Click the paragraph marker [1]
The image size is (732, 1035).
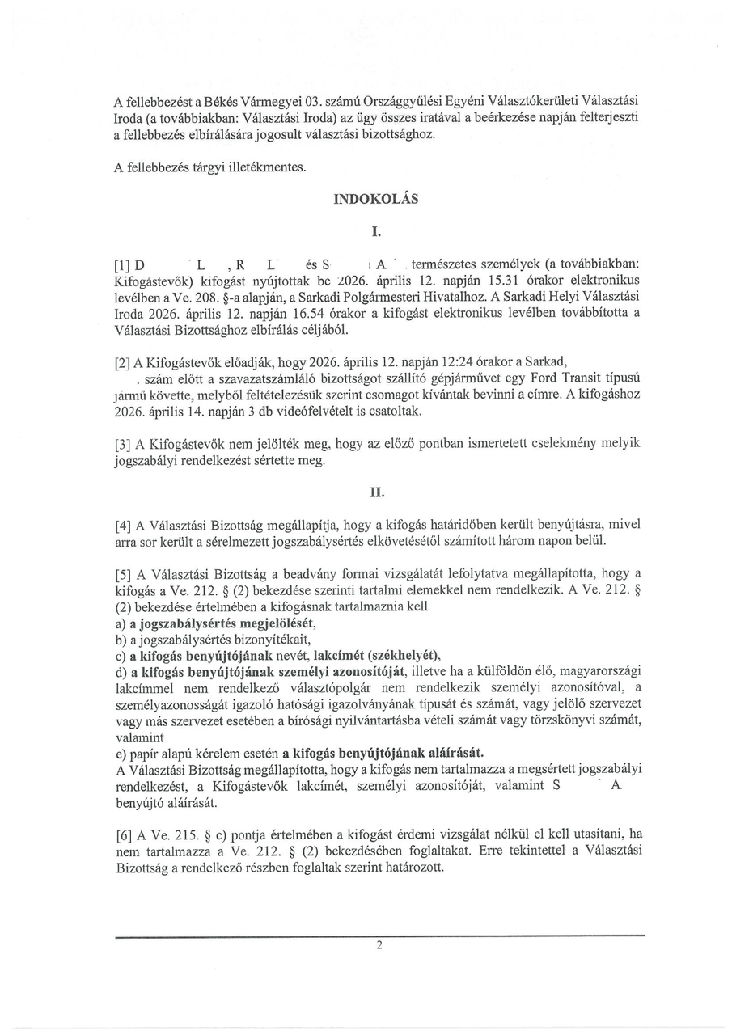point(123,265)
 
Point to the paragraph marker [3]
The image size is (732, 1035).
point(123,445)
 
